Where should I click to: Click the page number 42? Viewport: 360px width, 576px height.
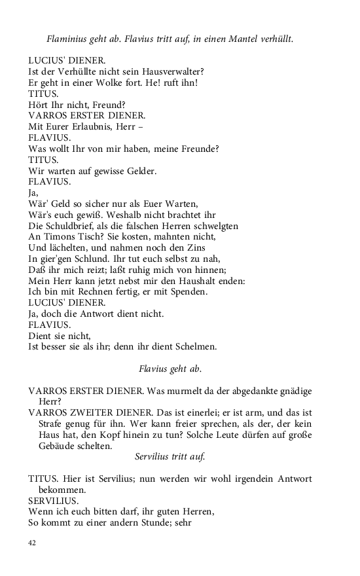[32, 542]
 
